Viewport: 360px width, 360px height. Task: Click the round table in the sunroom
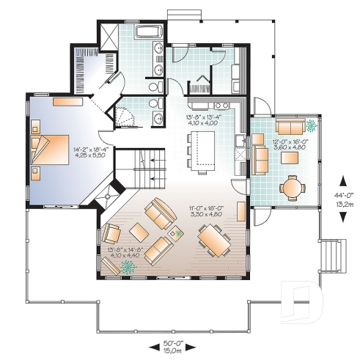[x=292, y=187]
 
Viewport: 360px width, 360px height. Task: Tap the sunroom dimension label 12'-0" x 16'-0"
[x=289, y=144]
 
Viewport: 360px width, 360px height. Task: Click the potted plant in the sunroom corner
[x=312, y=124]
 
